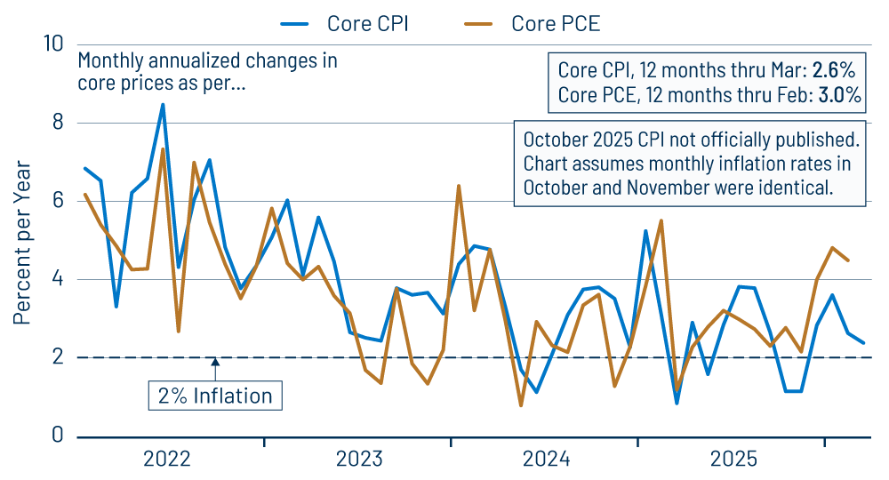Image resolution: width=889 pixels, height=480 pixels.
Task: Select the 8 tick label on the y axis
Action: pos(58,123)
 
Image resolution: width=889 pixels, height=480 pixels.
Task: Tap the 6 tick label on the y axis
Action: pos(58,201)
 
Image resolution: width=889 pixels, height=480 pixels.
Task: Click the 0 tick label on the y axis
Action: pos(58,436)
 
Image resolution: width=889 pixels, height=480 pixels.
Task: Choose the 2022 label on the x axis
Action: pos(167,459)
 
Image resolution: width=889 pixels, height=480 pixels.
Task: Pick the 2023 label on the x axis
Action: pos(358,459)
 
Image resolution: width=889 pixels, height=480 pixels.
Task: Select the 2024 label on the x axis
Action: pos(546,459)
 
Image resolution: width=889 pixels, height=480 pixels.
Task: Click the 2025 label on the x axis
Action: pos(733,459)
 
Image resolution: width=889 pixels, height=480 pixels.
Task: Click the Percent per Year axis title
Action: pos(22,242)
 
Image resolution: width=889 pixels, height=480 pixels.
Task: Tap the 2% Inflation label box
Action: pos(214,396)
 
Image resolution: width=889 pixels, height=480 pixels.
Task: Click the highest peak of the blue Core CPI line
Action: pos(163,105)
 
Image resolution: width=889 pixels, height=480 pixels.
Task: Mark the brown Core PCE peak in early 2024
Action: pos(458,186)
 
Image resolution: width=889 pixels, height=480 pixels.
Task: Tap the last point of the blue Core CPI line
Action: pos(862,342)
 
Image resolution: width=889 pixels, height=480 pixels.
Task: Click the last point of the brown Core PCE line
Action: pos(847,260)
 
